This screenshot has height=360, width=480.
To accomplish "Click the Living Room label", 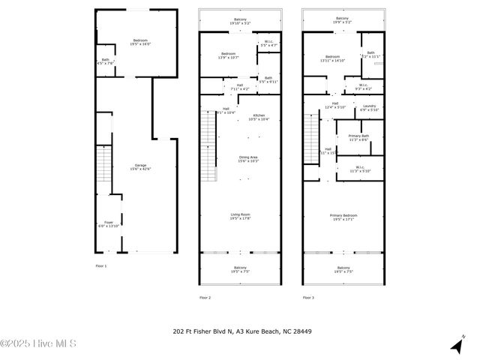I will tap(240, 216).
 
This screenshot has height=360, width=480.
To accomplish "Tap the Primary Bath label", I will tap(358, 137).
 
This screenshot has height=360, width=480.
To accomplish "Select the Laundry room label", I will tap(369, 107).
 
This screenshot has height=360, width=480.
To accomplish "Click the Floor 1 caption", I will tap(101, 266).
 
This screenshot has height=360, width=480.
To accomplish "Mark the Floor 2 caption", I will tap(205, 298).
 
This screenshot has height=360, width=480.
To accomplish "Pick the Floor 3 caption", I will tap(308, 298).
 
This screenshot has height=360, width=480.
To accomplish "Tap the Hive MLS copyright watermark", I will tap(38, 344).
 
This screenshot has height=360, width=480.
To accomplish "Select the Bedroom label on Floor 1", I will tap(140, 42).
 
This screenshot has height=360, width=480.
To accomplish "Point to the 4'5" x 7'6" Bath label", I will tap(105, 61).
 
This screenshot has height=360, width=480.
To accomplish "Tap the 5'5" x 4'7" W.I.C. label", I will tap(268, 44).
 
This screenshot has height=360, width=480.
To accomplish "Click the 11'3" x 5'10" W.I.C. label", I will tap(358, 169).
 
